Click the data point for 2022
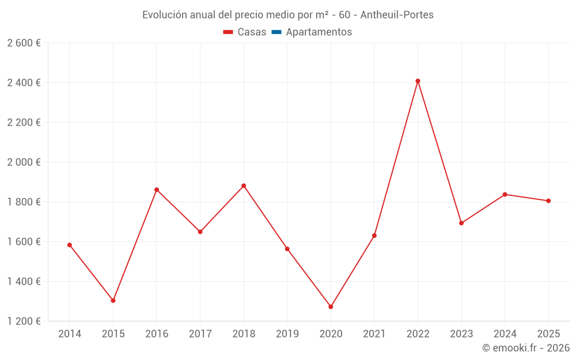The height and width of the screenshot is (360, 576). point(418,81)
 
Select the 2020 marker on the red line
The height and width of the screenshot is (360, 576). point(331,307)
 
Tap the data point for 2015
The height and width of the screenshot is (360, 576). point(113,301)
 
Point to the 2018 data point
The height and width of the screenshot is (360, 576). point(244,186)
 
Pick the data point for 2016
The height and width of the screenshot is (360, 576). point(157,190)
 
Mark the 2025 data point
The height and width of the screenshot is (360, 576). point(548,201)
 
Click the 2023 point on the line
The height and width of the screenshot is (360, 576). point(461,223)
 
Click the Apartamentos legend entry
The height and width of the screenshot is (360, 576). point(319,32)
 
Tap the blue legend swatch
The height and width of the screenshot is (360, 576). point(276,32)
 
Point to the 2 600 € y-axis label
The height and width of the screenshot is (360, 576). point(24,43)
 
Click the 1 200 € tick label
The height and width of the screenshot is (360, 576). point(24,321)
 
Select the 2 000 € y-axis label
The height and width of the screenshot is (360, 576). point(24,162)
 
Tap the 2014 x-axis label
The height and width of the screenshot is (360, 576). point(70,334)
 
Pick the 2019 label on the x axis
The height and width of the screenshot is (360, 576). point(287,334)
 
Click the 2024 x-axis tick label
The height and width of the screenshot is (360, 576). point(505,334)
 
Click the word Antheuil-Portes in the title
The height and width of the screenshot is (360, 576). point(397,15)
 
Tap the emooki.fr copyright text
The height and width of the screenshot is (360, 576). point(525,348)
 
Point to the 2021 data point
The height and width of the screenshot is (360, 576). point(374,236)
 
